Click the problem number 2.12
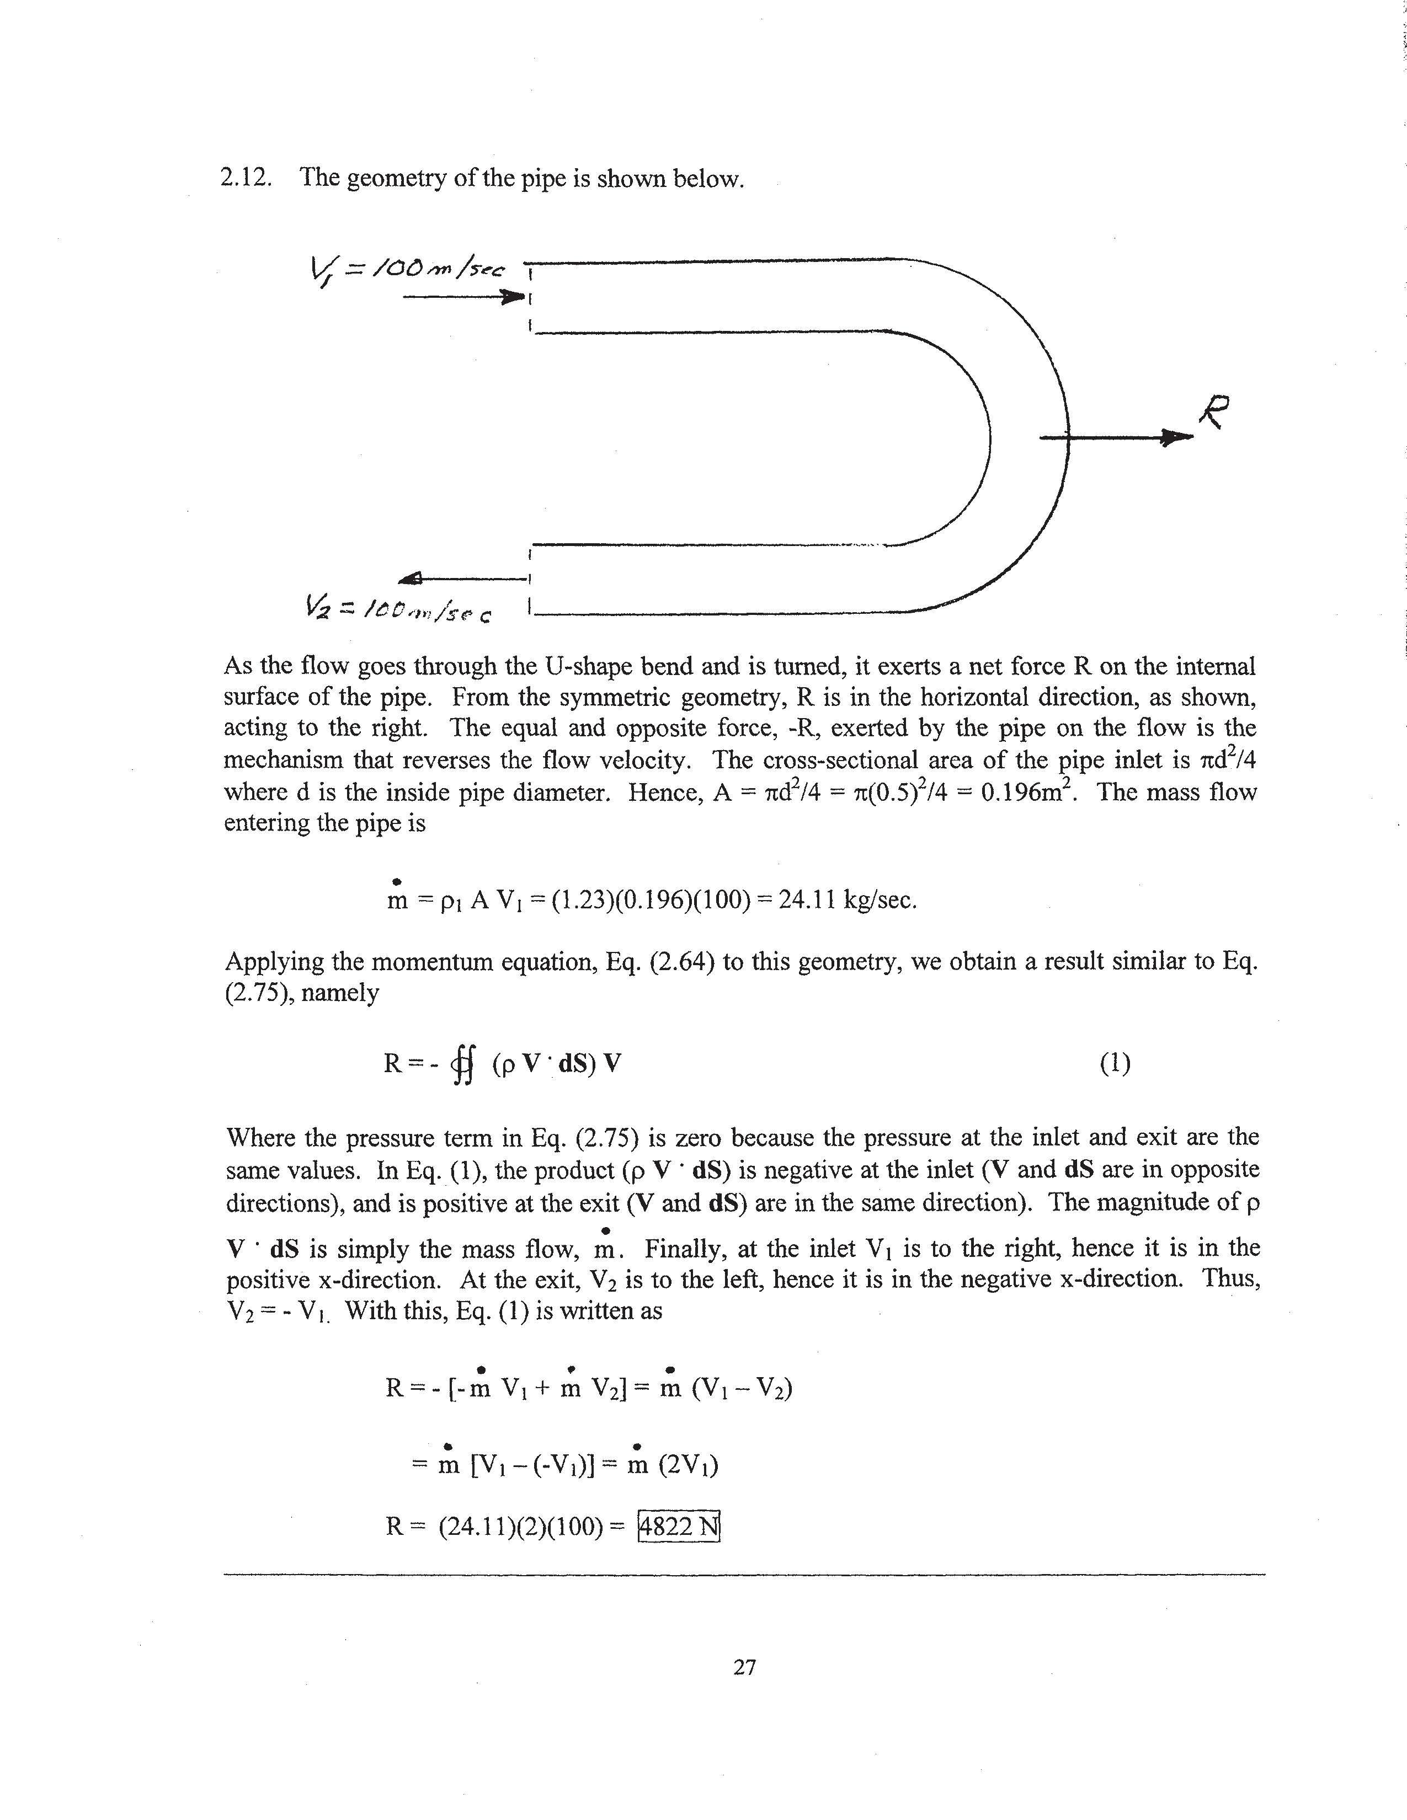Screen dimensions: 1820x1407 pyautogui.click(x=246, y=178)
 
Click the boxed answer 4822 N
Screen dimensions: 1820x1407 pyautogui.click(x=678, y=1526)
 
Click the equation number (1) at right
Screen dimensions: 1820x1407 pyautogui.click(x=1115, y=1063)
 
